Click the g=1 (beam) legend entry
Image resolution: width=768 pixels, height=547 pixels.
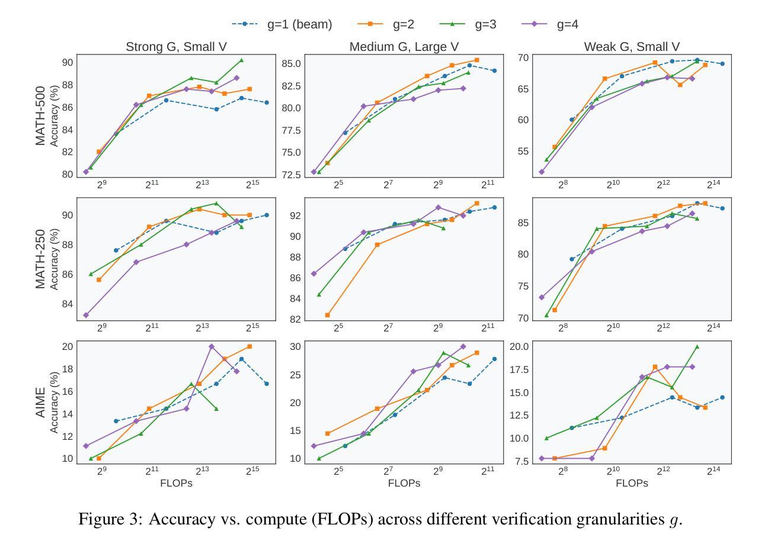[282, 24]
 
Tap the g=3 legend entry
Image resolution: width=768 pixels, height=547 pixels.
[469, 24]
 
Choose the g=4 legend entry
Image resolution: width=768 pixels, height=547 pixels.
[551, 24]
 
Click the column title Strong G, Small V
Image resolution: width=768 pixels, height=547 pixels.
[176, 47]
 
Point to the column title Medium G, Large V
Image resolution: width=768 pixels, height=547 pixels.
[404, 47]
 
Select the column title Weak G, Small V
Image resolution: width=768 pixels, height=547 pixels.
[632, 47]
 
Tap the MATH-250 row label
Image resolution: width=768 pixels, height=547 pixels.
[40, 259]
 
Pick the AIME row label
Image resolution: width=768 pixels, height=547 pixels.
[40, 403]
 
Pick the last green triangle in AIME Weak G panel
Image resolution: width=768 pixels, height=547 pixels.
[697, 346]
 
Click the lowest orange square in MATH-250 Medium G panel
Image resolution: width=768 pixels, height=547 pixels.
[328, 315]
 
